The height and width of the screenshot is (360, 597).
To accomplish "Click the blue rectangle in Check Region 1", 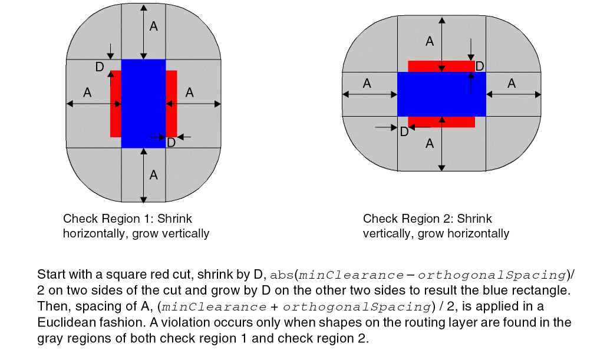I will [x=143, y=103].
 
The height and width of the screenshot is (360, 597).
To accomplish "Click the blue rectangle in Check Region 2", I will [x=441, y=94].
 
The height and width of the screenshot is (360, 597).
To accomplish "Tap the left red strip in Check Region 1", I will [x=116, y=104].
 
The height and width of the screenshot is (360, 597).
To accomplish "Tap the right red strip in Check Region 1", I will [x=171, y=104].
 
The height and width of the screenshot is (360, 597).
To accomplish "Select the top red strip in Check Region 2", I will [x=441, y=66].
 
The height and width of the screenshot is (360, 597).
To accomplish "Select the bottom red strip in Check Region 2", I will [x=441, y=121].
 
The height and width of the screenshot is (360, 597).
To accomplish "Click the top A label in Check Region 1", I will [x=153, y=26].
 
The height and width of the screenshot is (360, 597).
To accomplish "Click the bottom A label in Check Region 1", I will [x=153, y=174].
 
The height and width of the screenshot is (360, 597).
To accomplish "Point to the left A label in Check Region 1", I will [x=87, y=93].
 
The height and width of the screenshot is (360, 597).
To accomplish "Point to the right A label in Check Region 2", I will [x=511, y=84].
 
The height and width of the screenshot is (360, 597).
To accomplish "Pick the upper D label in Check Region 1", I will [x=100, y=67].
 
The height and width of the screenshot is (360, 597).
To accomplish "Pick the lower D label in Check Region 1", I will [x=171, y=143].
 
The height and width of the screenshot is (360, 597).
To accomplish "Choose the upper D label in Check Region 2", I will [x=480, y=66].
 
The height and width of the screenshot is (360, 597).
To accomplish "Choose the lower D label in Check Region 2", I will [x=404, y=132].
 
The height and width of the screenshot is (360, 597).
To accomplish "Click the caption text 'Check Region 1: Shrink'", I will [x=127, y=219].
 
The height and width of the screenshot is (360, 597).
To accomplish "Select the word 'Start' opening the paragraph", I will [x=49, y=275].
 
